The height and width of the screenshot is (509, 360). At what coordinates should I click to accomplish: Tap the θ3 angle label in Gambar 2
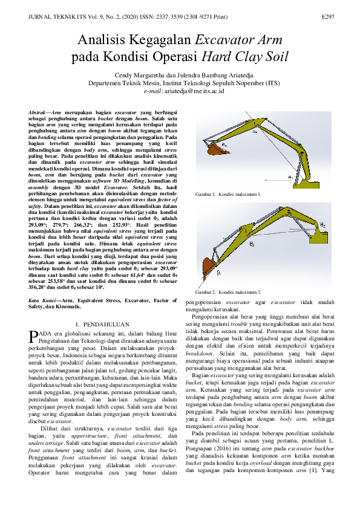tap(252, 245)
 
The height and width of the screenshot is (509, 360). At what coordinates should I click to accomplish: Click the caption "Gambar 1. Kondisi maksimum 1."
tap(227, 194)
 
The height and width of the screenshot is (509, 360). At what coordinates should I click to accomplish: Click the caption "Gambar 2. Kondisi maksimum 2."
tap(227, 291)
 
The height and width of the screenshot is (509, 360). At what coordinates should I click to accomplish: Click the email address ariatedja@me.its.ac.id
tap(198, 91)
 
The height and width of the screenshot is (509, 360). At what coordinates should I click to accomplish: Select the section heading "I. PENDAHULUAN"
tap(107, 324)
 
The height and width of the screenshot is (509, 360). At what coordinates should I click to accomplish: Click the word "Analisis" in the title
tap(106, 41)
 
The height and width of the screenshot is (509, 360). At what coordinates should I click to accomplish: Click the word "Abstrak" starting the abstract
tap(39, 113)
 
